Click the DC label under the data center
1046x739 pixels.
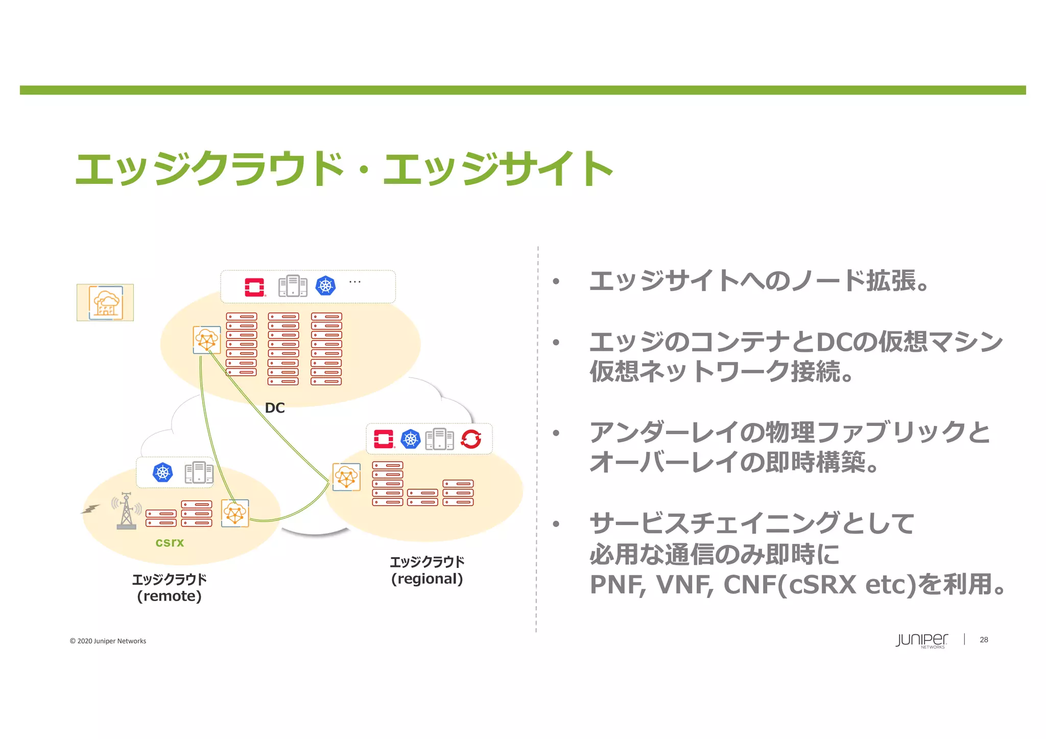[275, 408]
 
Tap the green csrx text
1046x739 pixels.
[170, 542]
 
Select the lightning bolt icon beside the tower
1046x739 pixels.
[91, 509]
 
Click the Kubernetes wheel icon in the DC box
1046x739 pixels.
[325, 285]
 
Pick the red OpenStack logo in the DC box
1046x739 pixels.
[254, 287]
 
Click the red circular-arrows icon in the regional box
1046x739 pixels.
[471, 439]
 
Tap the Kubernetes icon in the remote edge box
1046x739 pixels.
[162, 472]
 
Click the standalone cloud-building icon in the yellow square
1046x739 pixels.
[105, 302]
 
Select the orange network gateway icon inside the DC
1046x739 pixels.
[206, 340]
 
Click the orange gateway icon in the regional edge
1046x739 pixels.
[346, 477]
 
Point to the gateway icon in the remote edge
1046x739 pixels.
[235, 513]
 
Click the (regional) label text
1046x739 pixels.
[427, 579]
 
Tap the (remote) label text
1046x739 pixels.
[169, 596]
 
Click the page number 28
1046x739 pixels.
[984, 639]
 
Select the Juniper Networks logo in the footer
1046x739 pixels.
[921, 640]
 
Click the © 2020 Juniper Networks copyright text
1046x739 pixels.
[108, 641]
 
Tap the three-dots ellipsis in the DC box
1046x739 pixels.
[354, 282]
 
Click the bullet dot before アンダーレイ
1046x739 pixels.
[556, 433]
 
